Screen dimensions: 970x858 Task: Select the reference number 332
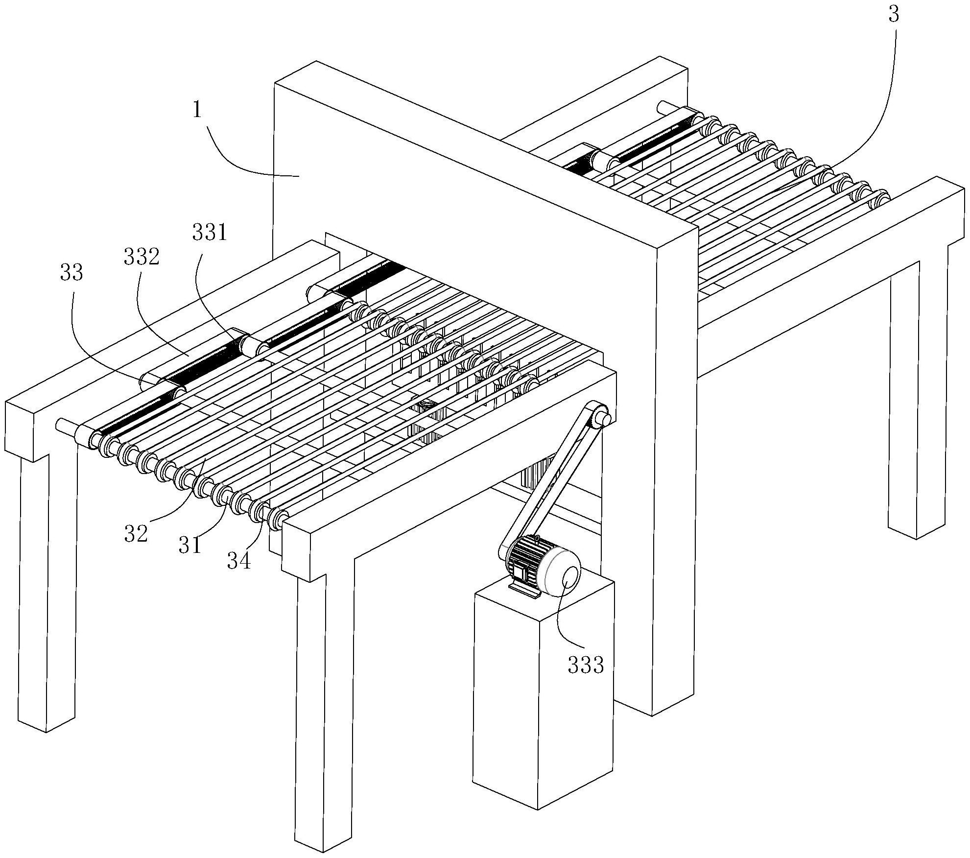(x=142, y=257)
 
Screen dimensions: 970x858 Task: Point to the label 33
(x=71, y=273)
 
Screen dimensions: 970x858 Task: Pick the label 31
(x=190, y=545)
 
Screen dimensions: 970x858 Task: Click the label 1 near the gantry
(x=197, y=110)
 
